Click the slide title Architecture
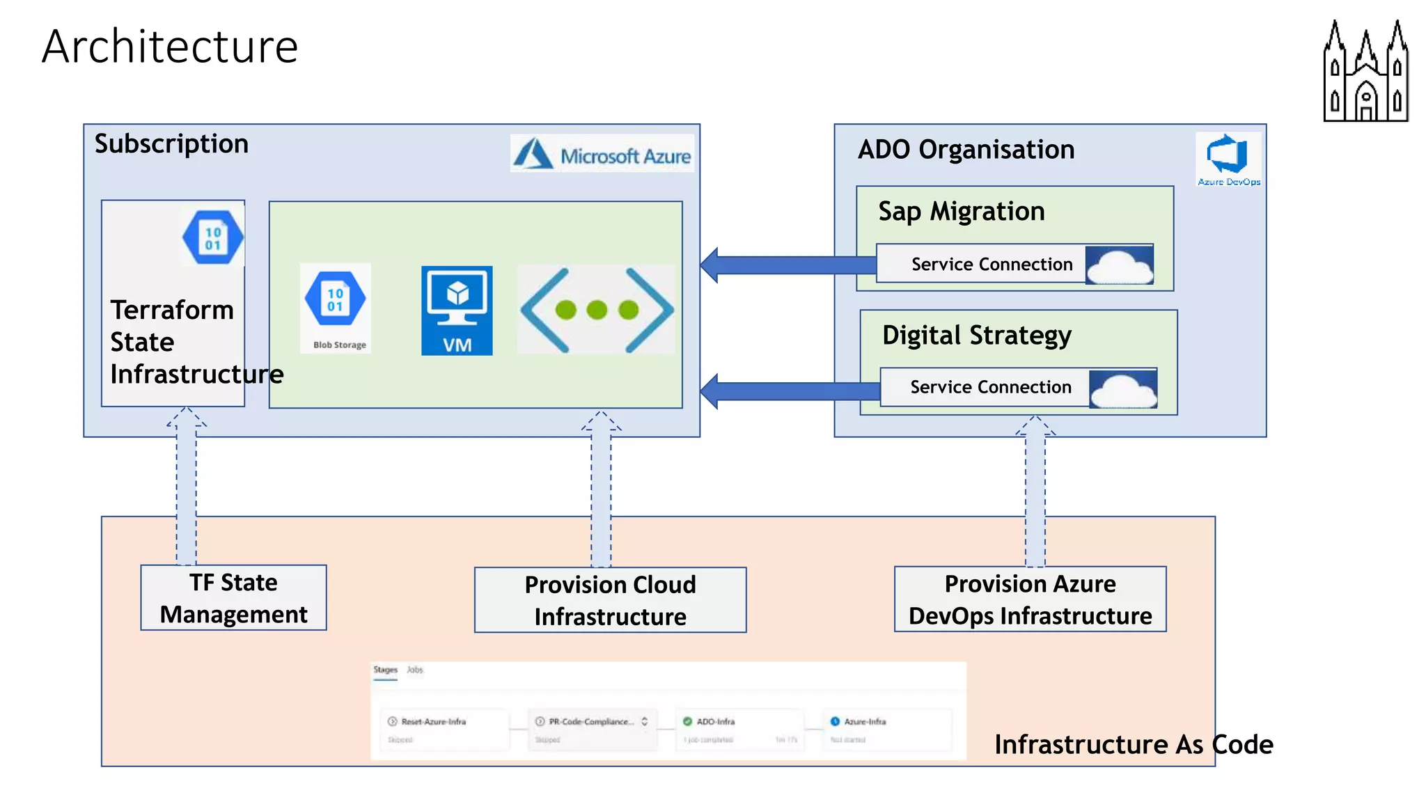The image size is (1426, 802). (x=170, y=47)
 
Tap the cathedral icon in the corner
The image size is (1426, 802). (x=1365, y=71)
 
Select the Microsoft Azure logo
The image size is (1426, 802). (x=602, y=154)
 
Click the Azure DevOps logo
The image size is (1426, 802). (x=1228, y=159)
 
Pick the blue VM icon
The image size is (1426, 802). (x=457, y=310)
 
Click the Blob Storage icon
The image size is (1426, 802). (x=336, y=307)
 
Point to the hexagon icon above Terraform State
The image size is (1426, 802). (x=212, y=237)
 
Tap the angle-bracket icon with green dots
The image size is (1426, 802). (x=597, y=310)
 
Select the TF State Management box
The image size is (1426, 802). (x=233, y=598)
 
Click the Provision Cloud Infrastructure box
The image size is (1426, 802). (x=610, y=600)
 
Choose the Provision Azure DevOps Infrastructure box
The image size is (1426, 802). (x=1030, y=599)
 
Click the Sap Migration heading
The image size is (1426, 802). (x=962, y=212)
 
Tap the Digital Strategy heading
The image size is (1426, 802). (x=976, y=336)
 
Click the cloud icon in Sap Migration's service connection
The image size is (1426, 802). (x=1119, y=265)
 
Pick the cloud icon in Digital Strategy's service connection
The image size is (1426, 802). (x=1122, y=388)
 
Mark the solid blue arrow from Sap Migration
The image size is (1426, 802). (x=787, y=265)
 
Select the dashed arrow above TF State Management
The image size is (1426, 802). (x=186, y=487)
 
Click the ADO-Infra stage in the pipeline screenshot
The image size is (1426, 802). (x=739, y=729)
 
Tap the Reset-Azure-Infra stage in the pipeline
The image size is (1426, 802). (x=445, y=729)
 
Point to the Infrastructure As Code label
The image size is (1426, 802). (x=1133, y=745)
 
